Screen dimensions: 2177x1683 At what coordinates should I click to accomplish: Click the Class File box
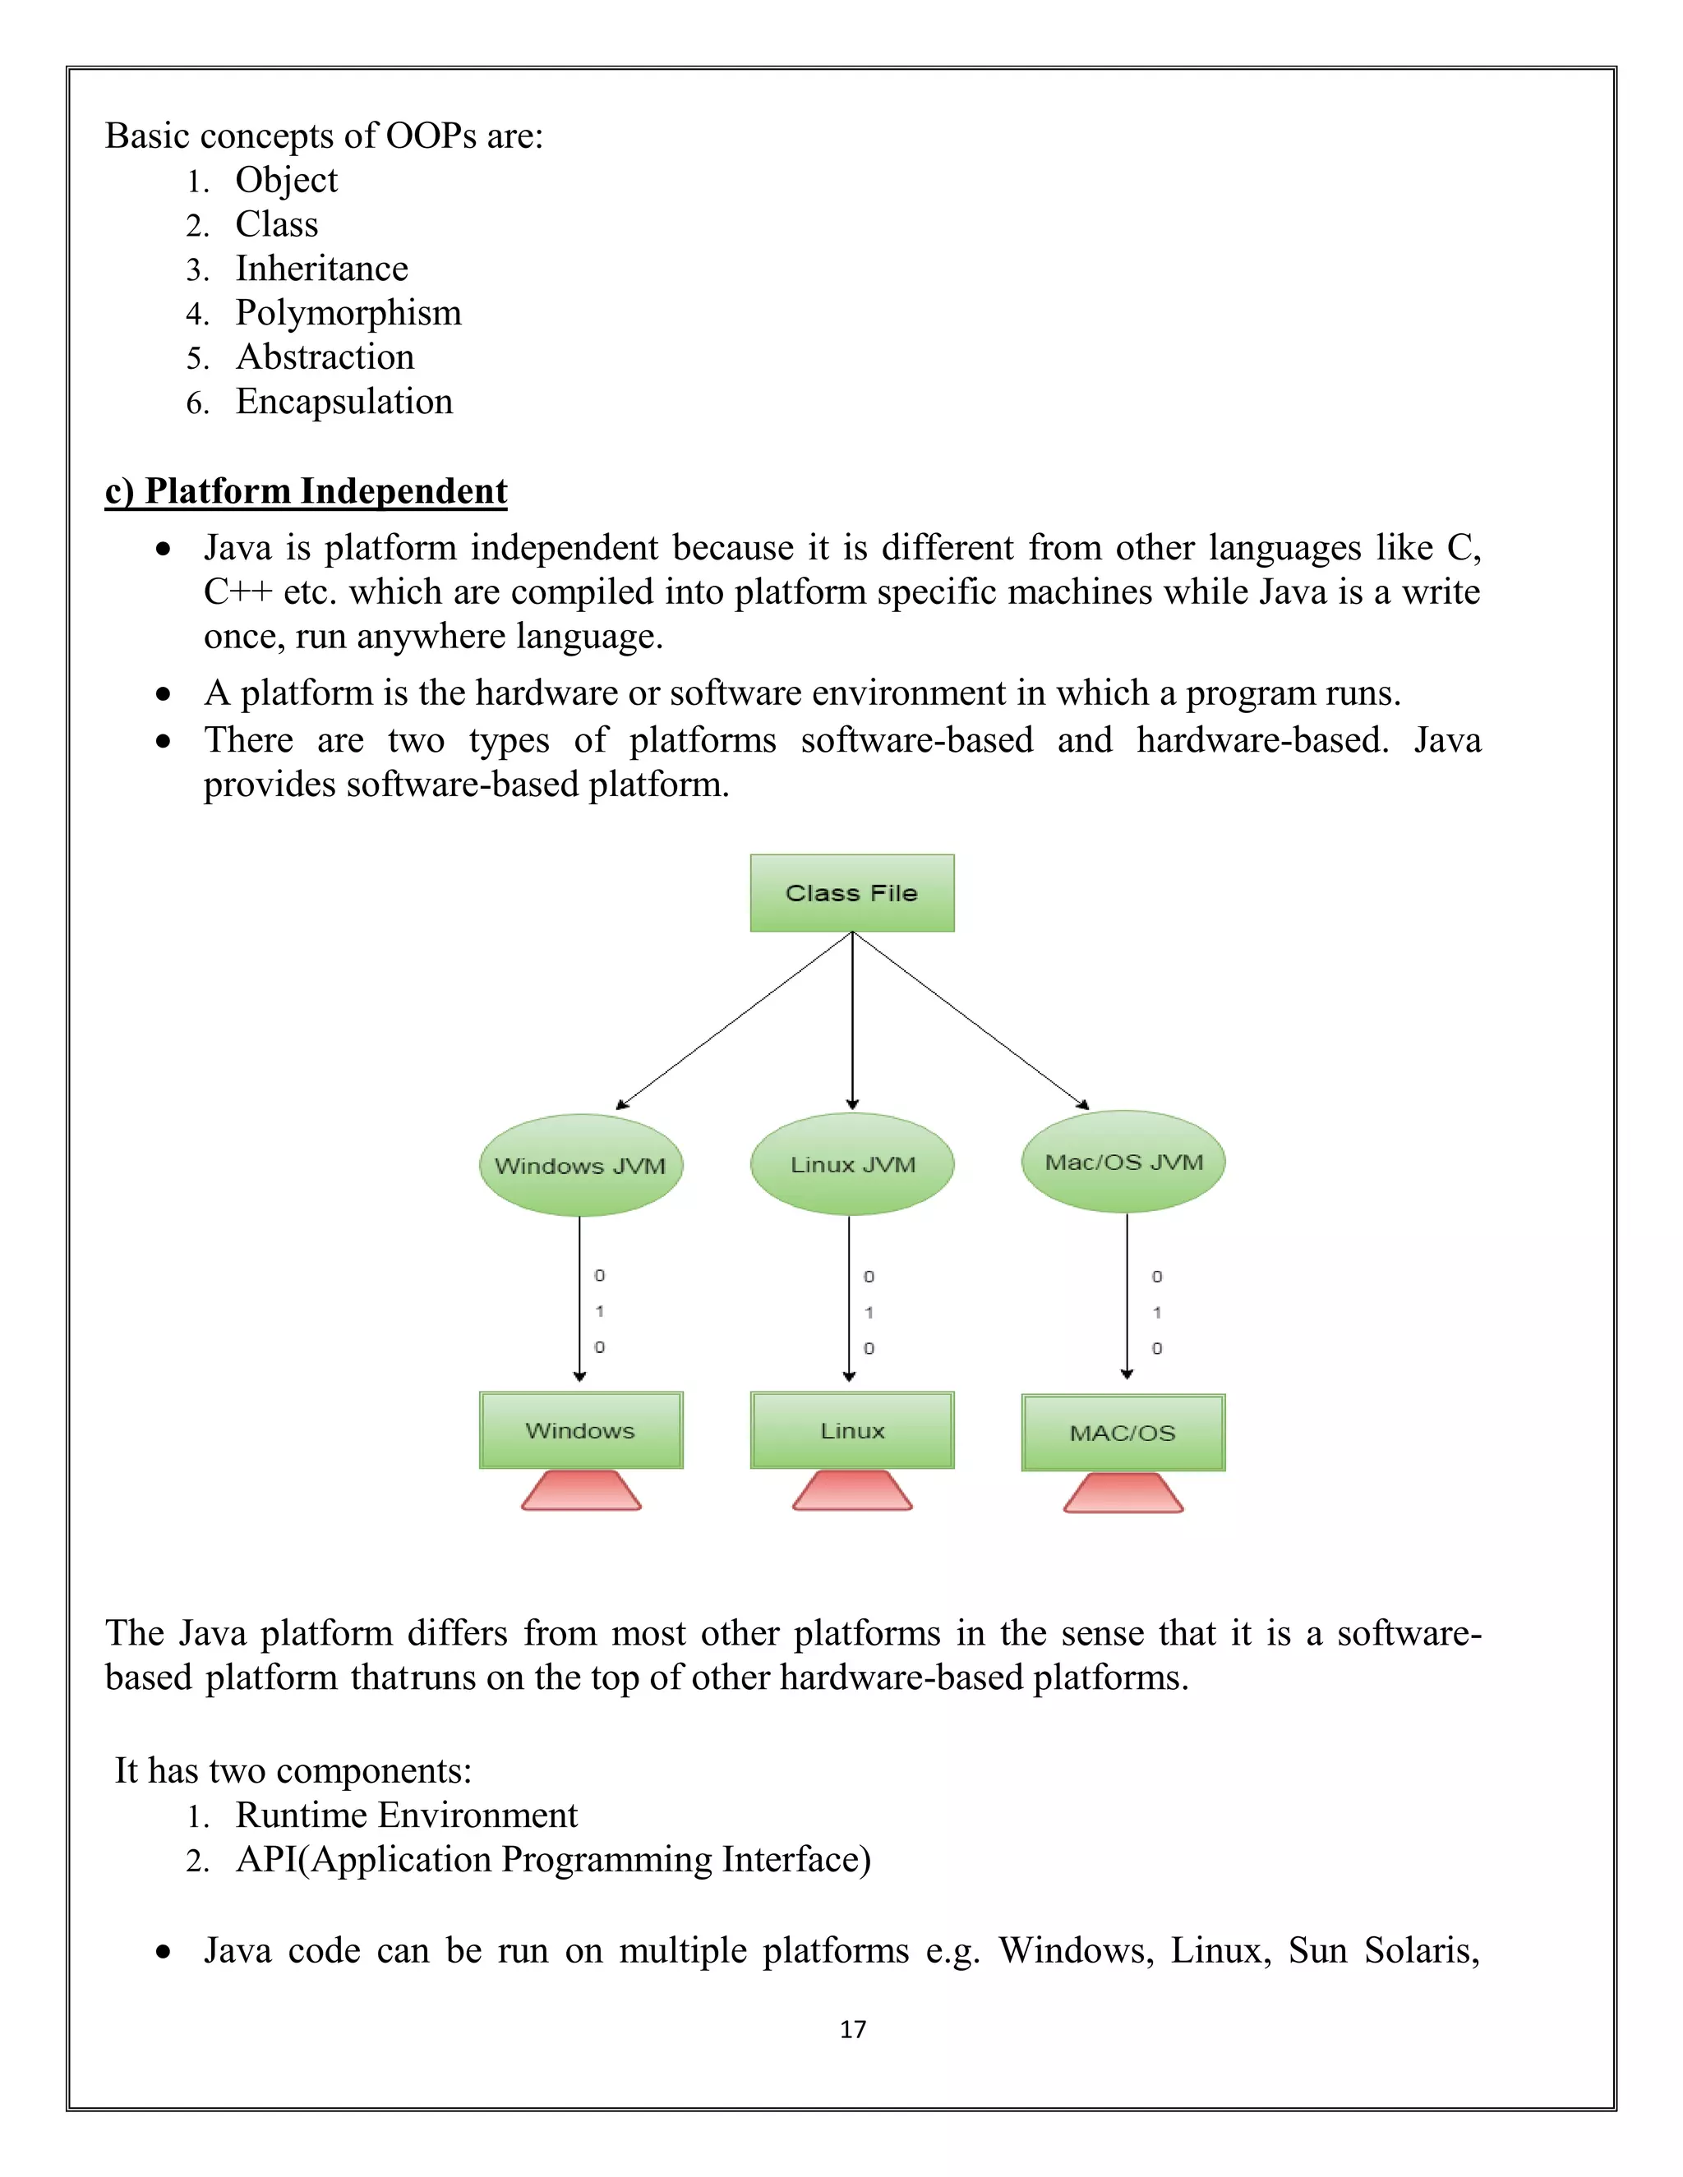tap(851, 892)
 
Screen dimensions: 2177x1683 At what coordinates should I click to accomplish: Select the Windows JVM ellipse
tap(580, 1164)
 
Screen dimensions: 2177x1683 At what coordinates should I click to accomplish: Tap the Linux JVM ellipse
tap(851, 1163)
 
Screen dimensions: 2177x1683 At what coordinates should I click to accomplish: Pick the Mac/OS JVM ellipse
tap(1123, 1162)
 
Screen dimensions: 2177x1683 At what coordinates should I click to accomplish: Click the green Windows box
tap(580, 1429)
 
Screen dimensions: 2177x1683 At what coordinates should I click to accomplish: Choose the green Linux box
tap(851, 1429)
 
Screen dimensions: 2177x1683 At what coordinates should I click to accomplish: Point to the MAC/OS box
tap(1123, 1433)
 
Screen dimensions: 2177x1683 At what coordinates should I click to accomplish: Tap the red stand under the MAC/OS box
tap(1123, 1494)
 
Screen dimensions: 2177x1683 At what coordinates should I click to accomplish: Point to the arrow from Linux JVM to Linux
tap(850, 1296)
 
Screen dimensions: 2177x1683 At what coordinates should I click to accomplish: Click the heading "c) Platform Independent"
tap(306, 491)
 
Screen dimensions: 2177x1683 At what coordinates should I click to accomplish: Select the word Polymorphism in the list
tap(348, 313)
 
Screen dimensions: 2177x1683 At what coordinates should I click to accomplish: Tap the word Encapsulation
tap(344, 402)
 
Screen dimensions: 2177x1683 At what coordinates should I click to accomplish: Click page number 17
tap(852, 2029)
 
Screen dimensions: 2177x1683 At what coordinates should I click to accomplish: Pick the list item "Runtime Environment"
tap(406, 1816)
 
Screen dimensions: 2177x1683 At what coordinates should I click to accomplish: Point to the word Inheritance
tap(321, 269)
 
